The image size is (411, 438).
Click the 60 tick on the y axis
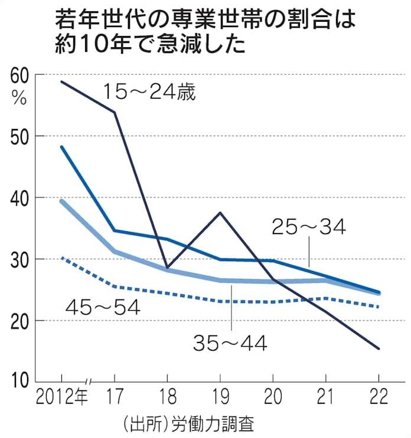tap(19, 75)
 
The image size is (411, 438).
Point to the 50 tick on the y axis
tap(19, 136)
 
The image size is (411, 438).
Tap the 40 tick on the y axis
tap(19, 197)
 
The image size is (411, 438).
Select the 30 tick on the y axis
tap(19, 259)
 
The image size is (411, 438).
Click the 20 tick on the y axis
tap(19, 321)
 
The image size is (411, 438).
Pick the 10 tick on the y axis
tap(19, 382)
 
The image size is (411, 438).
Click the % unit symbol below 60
tap(19, 98)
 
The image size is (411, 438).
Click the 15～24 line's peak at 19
tap(220, 212)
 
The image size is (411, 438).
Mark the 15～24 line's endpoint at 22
tap(379, 348)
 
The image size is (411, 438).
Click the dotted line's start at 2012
tap(61, 258)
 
